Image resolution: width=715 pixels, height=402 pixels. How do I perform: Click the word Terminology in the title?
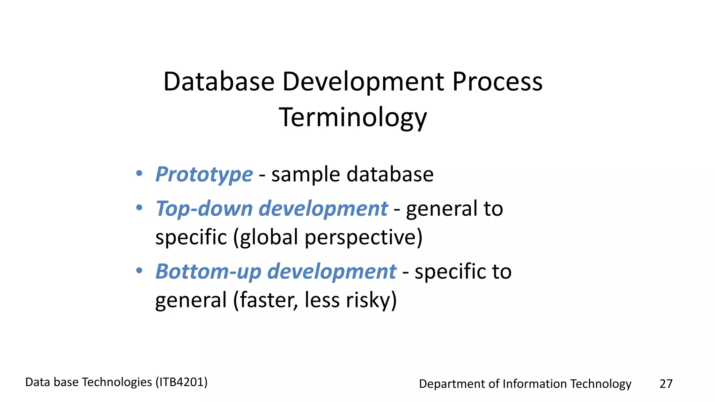point(353,117)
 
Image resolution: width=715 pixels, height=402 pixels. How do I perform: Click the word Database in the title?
point(219,82)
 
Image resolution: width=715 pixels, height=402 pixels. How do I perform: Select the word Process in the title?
point(497,82)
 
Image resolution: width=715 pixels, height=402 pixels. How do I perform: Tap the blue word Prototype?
point(204,174)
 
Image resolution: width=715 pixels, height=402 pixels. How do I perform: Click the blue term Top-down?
point(204,208)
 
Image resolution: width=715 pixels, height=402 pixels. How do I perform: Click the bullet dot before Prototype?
point(139,173)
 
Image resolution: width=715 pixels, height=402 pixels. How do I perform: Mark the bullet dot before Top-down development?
point(139,208)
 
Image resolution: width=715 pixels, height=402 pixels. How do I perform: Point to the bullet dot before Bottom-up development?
point(139,270)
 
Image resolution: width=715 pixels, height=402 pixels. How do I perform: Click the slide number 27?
point(666,384)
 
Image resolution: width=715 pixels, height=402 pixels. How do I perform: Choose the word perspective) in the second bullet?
point(363,237)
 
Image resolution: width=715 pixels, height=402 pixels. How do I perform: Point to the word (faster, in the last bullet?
point(266,300)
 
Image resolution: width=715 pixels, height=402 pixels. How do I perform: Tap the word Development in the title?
point(363,82)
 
